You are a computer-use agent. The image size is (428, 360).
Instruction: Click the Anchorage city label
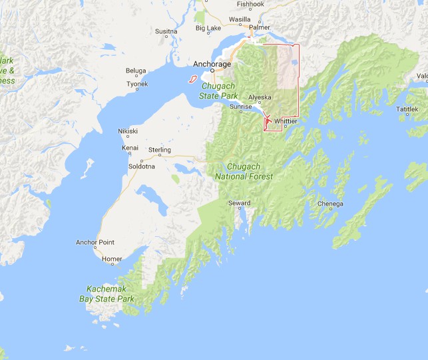212,64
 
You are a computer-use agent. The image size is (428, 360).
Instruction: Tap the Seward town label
239,203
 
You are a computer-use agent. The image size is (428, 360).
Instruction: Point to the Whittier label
286,121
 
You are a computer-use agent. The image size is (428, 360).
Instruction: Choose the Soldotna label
141,165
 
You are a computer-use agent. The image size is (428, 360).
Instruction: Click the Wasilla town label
239,19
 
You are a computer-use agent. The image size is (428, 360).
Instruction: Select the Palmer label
260,27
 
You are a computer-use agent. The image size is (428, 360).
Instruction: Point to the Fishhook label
250,3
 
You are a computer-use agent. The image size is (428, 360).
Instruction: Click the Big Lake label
208,28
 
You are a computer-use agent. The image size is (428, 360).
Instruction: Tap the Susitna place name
166,31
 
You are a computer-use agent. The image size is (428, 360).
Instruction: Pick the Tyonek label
137,84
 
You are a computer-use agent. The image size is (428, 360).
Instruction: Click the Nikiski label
128,131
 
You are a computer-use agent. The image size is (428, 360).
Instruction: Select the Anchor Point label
95,242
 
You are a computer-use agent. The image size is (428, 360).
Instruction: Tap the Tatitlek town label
407,108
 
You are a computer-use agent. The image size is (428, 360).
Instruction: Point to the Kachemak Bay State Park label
110,293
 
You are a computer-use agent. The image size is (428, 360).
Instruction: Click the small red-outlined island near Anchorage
192,79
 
